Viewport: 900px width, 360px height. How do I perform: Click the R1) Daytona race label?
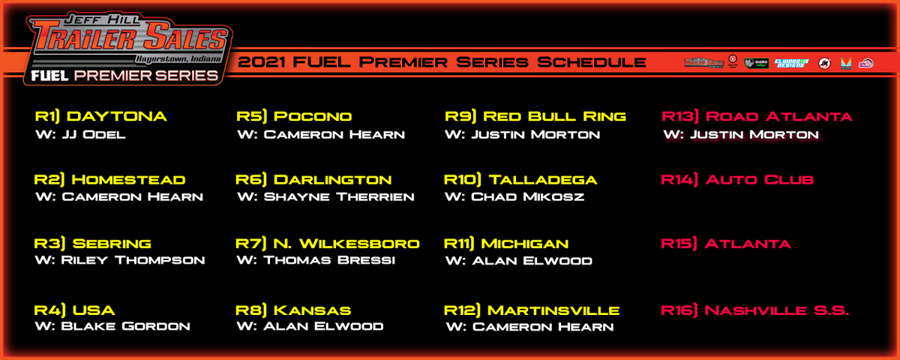(x=100, y=116)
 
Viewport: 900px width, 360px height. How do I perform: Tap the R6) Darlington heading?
(x=313, y=180)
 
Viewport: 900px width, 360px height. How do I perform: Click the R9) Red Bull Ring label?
(x=535, y=116)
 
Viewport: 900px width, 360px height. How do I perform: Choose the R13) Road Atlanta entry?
(x=757, y=116)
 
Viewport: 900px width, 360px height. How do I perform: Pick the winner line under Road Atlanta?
(x=741, y=135)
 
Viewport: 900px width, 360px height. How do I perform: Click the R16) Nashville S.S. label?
(x=754, y=310)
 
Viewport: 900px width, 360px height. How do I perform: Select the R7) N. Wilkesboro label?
(x=327, y=244)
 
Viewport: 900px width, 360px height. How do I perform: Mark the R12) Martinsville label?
(x=532, y=310)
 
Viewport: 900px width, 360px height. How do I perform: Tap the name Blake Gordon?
(x=112, y=326)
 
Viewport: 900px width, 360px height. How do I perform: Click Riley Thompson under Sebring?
(x=120, y=261)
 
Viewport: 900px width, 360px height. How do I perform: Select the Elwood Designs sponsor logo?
(x=791, y=63)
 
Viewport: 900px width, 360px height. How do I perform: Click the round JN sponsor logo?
(x=824, y=63)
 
